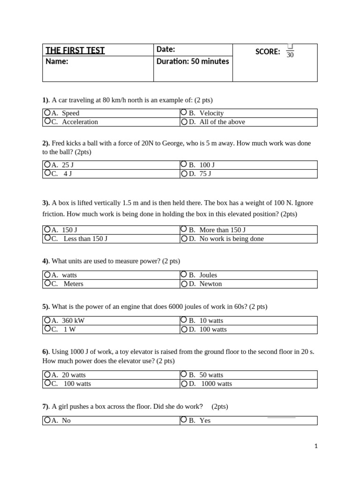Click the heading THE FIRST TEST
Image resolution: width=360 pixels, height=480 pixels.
point(75,51)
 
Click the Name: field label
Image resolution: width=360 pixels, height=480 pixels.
point(57,61)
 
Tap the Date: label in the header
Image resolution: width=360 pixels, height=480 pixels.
point(165,49)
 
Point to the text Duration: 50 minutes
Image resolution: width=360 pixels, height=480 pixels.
point(193,61)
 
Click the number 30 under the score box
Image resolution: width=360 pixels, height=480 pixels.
point(290,55)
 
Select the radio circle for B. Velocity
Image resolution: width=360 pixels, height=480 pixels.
point(184,112)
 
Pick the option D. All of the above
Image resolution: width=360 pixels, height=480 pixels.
point(217,122)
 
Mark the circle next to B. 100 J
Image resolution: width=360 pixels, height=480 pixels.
point(184,165)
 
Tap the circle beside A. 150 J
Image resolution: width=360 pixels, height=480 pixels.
point(47,230)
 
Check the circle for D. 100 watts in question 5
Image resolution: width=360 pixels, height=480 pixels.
point(184,329)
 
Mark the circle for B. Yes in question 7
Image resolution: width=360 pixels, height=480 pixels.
point(184,420)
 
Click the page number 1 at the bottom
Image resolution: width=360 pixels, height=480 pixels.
point(316,446)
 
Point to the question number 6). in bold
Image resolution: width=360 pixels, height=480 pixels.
point(45,352)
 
